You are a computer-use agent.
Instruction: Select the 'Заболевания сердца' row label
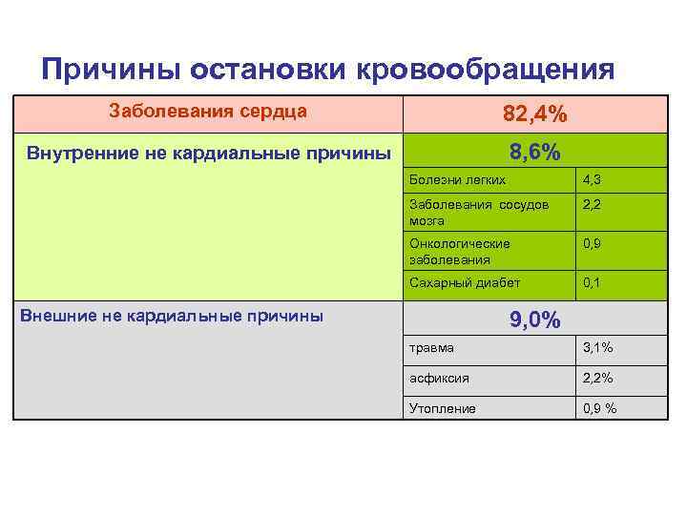point(208,111)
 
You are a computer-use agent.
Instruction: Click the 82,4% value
point(534,114)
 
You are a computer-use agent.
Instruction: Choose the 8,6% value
point(534,153)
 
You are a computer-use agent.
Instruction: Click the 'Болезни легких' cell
point(457,179)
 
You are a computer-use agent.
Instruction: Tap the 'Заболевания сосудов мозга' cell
point(478,213)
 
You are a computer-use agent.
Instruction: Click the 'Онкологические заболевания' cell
point(459,251)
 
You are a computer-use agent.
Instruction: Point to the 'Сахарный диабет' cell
point(465,283)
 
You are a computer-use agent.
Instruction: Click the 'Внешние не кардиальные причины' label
point(172,316)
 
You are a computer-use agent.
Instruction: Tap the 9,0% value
point(534,320)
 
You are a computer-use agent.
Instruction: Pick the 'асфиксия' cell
point(439,378)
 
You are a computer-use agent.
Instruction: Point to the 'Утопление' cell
point(443,408)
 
